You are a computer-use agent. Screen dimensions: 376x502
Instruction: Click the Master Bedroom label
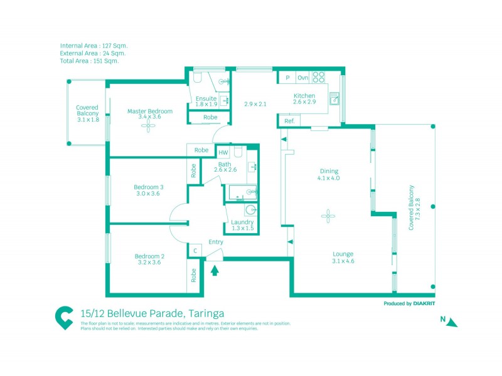coord(149,112)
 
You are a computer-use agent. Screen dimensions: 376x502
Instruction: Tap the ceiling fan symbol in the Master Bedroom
coord(149,126)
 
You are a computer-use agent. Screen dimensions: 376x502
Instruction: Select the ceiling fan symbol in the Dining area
coord(328,216)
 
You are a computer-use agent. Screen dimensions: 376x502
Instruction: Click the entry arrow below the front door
coord(215,271)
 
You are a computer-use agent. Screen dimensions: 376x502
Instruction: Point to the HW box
coord(223,152)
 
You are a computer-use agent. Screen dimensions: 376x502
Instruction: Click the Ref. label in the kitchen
coord(289,121)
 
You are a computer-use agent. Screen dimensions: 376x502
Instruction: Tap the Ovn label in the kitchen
coord(302,78)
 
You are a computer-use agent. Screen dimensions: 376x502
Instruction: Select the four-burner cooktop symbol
coord(319,78)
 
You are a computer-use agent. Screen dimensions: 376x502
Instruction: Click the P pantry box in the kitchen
coord(287,78)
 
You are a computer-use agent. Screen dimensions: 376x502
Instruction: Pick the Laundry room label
coord(242,222)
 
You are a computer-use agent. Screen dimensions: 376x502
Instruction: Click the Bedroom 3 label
coord(149,187)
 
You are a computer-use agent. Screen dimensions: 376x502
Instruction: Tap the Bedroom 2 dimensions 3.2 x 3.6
coord(149,263)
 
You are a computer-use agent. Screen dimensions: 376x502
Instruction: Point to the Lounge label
coord(343,254)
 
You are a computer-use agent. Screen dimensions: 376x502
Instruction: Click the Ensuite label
coord(206,98)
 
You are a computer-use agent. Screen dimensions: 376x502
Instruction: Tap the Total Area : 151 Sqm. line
coord(90,61)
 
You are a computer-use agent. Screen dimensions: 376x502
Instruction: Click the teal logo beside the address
coord(64,316)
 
